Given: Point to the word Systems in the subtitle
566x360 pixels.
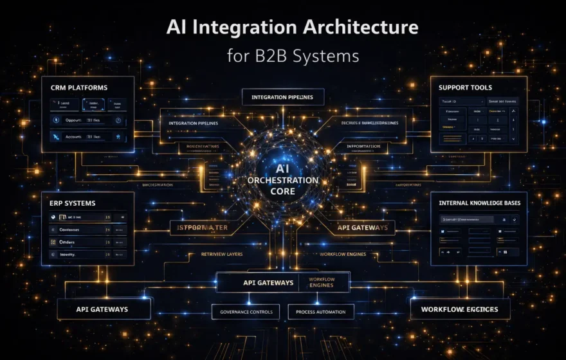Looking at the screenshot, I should [326, 55].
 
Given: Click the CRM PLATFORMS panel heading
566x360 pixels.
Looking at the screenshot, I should [79, 87].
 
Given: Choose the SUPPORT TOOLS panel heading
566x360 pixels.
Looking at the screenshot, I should [465, 87].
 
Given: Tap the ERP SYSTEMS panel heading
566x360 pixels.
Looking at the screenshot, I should [73, 203].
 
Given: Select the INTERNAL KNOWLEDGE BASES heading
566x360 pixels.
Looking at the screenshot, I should [480, 203].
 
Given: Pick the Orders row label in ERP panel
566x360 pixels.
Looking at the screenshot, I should [68, 242].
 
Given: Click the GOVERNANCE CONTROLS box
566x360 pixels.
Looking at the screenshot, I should [246, 312].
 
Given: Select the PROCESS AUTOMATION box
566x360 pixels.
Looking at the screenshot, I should [320, 312].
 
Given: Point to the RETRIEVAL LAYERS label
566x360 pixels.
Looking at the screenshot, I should [222, 254].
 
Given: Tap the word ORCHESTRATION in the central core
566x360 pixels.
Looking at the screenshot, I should [283, 181].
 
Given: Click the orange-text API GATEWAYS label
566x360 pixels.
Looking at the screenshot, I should [362, 227].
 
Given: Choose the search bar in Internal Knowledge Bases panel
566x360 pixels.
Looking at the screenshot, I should [466, 219].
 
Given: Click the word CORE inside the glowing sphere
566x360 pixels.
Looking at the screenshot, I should [283, 192].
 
